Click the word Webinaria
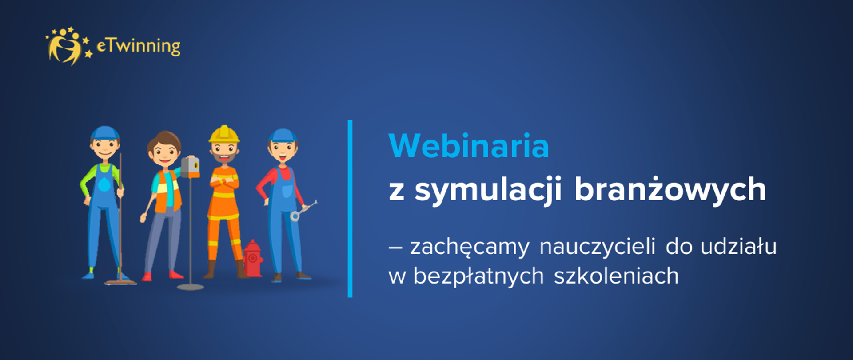469,146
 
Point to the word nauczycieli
597,246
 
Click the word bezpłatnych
478,276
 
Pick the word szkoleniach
616,276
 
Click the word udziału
738,246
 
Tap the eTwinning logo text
138,46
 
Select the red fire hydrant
252,259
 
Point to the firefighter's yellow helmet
224,134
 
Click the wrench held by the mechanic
303,211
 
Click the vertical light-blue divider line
350,208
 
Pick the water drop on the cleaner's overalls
104,184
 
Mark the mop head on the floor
120,281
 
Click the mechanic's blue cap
283,136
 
